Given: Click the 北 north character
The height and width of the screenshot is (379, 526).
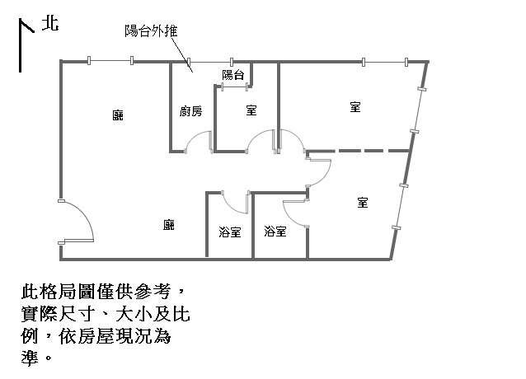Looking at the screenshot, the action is [50, 24].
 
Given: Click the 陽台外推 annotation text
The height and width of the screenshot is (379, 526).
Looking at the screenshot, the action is [151, 30].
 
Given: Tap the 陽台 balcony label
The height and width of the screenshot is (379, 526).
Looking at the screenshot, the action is [233, 75].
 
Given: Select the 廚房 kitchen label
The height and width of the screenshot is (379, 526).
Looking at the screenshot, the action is [191, 111].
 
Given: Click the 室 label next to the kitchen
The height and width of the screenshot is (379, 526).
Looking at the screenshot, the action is [251, 110].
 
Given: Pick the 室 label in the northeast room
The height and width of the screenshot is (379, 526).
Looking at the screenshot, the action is [355, 107].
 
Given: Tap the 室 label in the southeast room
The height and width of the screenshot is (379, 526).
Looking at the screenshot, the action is [363, 203].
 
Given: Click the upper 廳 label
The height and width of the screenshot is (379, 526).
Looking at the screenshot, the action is [118, 115].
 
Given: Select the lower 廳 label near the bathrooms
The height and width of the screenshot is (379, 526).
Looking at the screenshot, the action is [169, 225].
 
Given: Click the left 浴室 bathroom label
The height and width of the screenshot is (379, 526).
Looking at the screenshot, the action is [230, 232].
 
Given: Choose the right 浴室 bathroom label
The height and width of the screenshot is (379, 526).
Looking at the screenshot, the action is [275, 232].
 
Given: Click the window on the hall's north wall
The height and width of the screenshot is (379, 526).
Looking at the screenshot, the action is [110, 61].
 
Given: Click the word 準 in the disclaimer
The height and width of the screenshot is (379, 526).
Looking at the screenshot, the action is [30, 358].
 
